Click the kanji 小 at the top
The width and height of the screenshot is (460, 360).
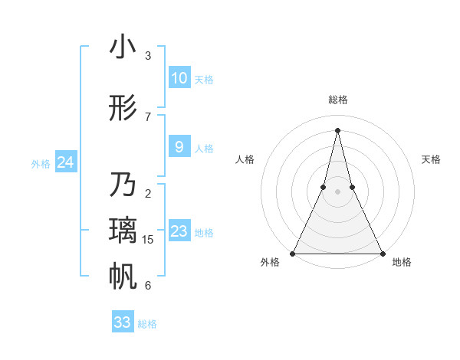[123, 47]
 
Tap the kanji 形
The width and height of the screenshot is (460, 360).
[123, 109]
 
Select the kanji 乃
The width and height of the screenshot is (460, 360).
[123, 186]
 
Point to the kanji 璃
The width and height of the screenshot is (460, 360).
[123, 231]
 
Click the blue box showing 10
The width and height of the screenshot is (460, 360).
[179, 78]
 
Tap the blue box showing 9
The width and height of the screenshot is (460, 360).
[179, 147]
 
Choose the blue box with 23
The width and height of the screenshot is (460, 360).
[179, 231]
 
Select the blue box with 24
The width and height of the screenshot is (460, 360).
[66, 162]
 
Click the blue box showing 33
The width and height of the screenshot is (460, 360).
[123, 322]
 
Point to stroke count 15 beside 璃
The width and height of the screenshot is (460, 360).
[148, 240]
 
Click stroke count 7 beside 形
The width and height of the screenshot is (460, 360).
[148, 116]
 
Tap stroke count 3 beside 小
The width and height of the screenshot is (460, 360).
[148, 56]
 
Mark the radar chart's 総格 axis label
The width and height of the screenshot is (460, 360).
[338, 100]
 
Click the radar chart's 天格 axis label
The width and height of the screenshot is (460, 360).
[432, 159]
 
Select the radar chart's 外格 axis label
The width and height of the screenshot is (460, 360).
[270, 262]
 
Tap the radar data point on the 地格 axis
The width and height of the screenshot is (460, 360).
[382, 253]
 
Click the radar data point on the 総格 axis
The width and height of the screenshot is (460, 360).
[338, 129]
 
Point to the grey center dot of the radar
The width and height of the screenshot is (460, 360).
[338, 191]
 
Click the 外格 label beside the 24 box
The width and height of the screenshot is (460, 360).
[41, 163]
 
